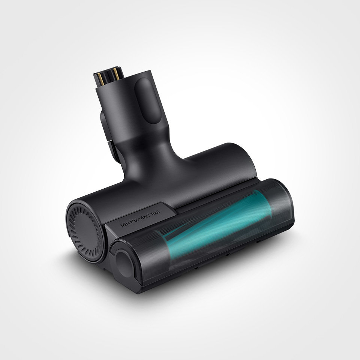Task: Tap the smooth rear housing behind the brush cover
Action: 210,165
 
